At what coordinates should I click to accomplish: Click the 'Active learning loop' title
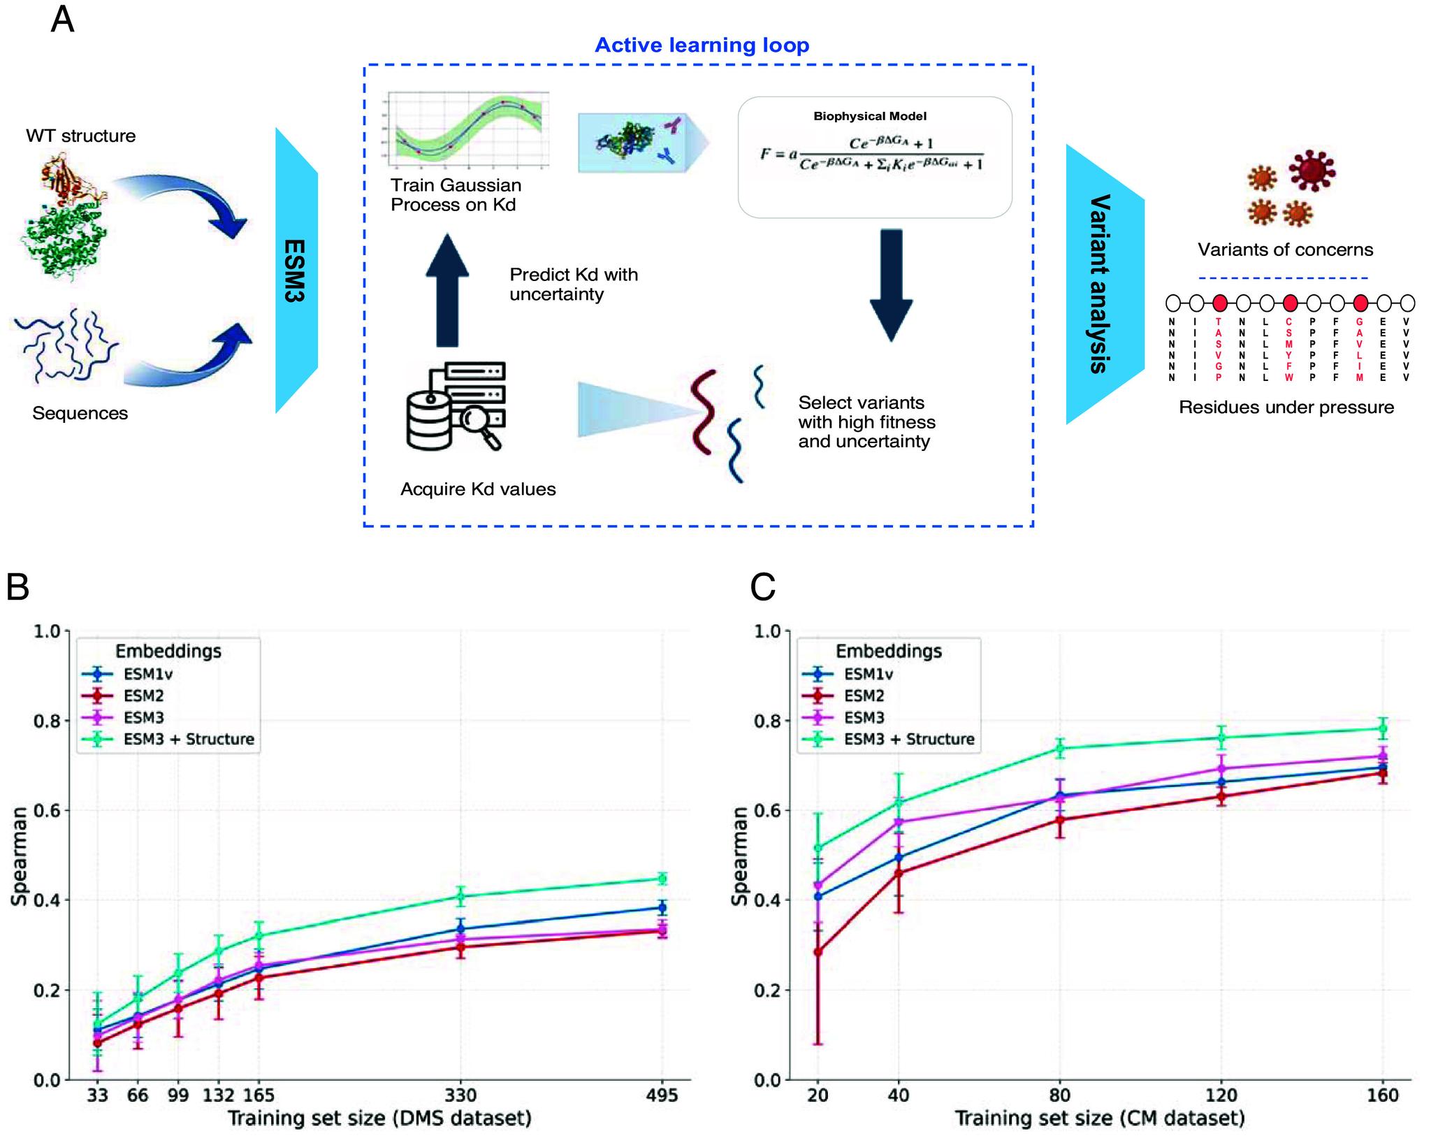702,45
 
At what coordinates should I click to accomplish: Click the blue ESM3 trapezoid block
296,271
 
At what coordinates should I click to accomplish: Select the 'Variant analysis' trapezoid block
1103,284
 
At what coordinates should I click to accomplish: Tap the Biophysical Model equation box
874,157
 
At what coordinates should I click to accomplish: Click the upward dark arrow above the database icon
447,291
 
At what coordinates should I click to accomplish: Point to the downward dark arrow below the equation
891,284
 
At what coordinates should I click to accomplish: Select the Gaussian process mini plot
466,130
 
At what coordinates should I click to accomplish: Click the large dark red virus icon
1311,170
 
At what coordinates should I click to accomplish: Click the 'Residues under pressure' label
1286,408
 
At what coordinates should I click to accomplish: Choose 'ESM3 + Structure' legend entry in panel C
908,739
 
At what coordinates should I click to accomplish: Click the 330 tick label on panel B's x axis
460,1095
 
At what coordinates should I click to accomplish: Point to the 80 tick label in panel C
1060,1095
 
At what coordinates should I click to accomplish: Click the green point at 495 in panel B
662,879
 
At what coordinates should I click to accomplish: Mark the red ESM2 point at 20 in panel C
818,952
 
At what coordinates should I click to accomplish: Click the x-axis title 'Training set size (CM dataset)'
1100,1118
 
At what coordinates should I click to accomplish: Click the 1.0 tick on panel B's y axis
47,631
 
